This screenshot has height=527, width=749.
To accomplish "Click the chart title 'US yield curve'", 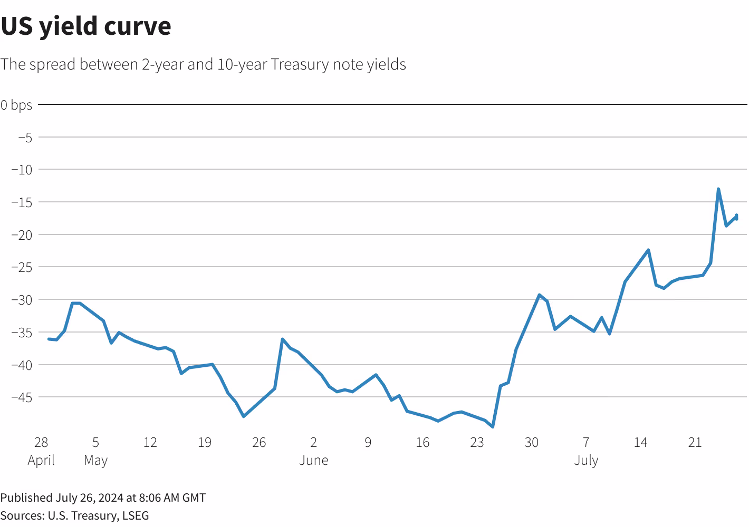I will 86,26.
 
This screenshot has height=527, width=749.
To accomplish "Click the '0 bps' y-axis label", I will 16,105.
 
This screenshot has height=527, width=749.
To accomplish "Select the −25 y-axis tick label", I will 22,267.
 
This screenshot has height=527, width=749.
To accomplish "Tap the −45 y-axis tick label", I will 22,397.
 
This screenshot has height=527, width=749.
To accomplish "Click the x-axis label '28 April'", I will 41,451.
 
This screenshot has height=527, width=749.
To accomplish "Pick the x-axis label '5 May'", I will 95,451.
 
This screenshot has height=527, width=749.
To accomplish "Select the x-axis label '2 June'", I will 314,451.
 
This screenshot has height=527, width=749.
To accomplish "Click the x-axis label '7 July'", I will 586,451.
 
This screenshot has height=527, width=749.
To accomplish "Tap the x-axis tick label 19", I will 205,443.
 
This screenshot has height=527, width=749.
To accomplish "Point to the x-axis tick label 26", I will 259,443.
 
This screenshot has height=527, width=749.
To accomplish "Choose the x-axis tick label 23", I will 477,443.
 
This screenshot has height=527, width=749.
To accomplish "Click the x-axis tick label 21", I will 695,443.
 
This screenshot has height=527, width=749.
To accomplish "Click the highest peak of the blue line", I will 718,189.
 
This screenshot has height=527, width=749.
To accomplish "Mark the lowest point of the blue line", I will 493,427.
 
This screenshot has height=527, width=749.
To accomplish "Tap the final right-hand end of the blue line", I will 736,217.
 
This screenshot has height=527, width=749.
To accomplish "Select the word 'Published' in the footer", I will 26,498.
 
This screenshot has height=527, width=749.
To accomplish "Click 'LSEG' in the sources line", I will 136,515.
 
